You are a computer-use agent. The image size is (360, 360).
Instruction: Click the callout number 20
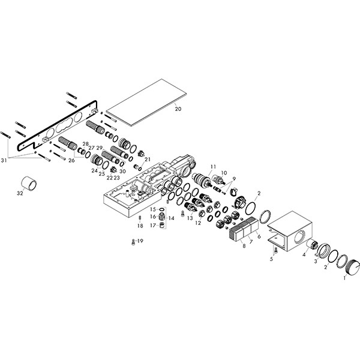pos(178,109)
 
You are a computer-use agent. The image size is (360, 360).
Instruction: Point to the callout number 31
pos(5,160)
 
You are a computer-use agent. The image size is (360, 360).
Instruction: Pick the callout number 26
pos(71,160)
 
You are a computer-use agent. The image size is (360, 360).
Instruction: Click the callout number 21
pos(147,160)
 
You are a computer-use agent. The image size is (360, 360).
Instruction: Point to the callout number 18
pos(140,226)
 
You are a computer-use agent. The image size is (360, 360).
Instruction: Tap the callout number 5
pos(271,260)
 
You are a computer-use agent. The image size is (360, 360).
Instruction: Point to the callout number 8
pos(244,245)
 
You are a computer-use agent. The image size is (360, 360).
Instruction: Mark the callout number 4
pos(304,254)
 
